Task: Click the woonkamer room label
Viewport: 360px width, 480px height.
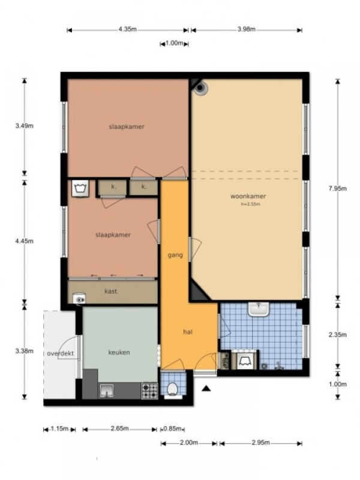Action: [248, 196]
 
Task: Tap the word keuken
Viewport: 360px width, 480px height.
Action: [119, 352]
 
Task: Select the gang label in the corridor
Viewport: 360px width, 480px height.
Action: [175, 255]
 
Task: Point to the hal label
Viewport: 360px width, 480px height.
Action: [188, 332]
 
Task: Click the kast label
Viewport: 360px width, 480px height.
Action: [111, 291]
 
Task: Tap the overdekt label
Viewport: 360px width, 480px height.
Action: [61, 353]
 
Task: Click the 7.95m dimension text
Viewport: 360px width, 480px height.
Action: [337, 188]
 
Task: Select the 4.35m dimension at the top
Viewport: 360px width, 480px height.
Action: [127, 29]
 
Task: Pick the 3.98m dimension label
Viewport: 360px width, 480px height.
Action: [247, 29]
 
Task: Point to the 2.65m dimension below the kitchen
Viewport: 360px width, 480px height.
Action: [119, 428]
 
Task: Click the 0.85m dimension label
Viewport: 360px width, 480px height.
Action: [173, 428]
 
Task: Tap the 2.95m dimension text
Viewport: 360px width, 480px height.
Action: [261, 443]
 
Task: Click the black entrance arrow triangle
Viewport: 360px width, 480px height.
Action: [206, 388]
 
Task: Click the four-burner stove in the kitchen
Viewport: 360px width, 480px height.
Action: [149, 391]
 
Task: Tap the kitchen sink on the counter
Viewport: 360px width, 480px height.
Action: [106, 391]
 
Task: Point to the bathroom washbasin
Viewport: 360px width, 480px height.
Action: [259, 309]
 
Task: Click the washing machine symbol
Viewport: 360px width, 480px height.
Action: [80, 188]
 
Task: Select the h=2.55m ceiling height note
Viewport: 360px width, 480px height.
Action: [250, 204]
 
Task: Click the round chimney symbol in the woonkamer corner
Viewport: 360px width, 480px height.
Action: [200, 88]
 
